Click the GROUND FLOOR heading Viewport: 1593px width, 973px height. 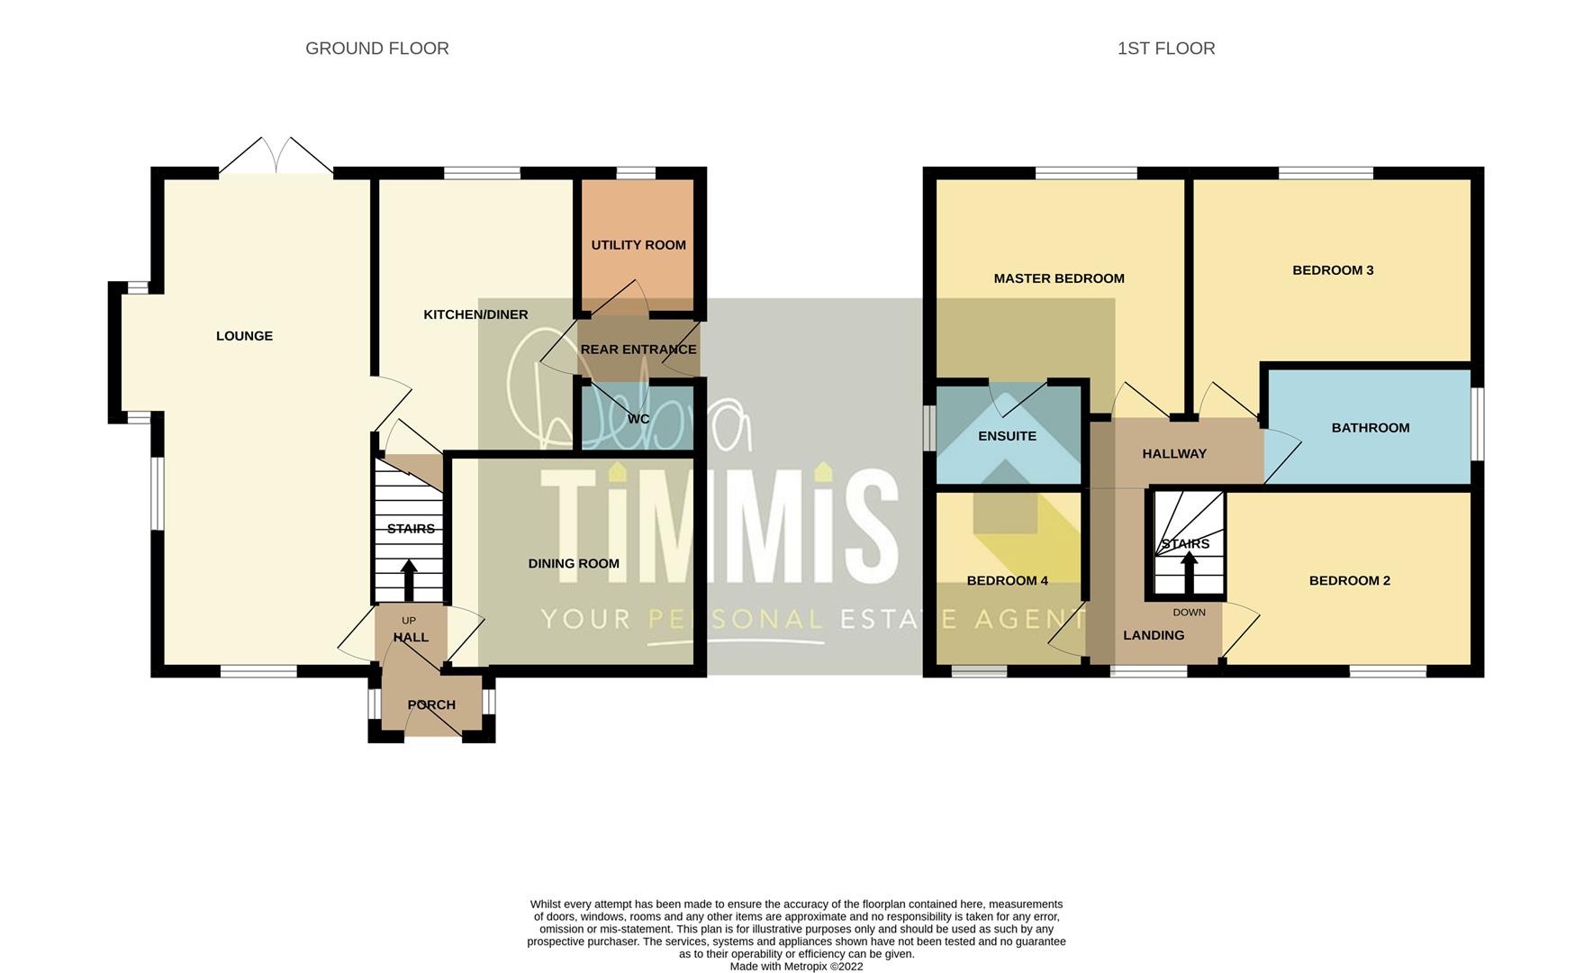tap(377, 49)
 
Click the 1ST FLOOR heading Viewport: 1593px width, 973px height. tap(1166, 49)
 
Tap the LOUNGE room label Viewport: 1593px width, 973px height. tap(244, 336)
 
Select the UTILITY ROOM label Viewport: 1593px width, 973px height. tap(638, 245)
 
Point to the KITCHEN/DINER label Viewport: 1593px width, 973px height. tap(475, 314)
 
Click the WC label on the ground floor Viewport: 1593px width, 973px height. tap(638, 419)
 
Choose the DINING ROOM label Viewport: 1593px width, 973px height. tap(574, 564)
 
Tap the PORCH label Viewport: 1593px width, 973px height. tap(431, 705)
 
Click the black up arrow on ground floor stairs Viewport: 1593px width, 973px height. tap(409, 580)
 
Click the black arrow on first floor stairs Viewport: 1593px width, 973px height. tap(1189, 571)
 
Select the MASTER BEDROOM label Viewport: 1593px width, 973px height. tap(1059, 278)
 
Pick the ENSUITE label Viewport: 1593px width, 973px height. tap(1007, 436)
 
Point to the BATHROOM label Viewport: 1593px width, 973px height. tap(1371, 428)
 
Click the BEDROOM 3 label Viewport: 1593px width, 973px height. tap(1333, 270)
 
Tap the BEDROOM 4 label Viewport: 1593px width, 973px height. tap(1007, 581)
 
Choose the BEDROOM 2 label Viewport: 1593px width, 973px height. tap(1349, 581)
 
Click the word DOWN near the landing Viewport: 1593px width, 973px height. tap(1189, 613)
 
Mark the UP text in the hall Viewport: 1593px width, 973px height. tap(409, 621)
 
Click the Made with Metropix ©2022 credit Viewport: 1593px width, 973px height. tap(796, 967)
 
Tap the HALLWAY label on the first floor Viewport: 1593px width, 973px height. tap(1174, 454)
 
